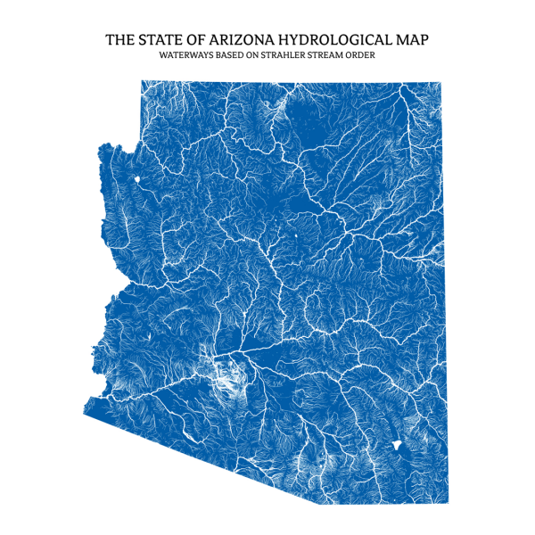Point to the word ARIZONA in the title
[x=242, y=40]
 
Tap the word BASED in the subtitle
[x=229, y=55]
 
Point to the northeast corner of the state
[x=440, y=82]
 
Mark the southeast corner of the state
[x=448, y=503]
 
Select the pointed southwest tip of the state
[x=84, y=409]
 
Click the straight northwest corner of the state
[x=142, y=81]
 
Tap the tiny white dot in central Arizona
[x=295, y=237]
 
